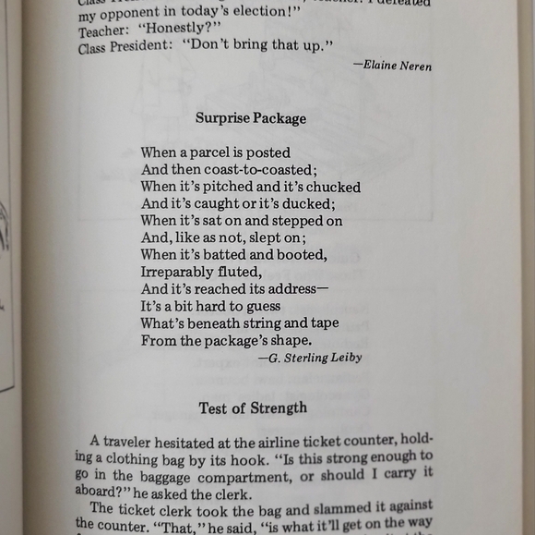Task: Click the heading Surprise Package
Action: pyautogui.click(x=250, y=118)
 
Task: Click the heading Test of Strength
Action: pyautogui.click(x=253, y=407)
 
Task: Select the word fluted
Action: pyautogui.click(x=243, y=272)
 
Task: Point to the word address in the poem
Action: pyautogui.click(x=291, y=288)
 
